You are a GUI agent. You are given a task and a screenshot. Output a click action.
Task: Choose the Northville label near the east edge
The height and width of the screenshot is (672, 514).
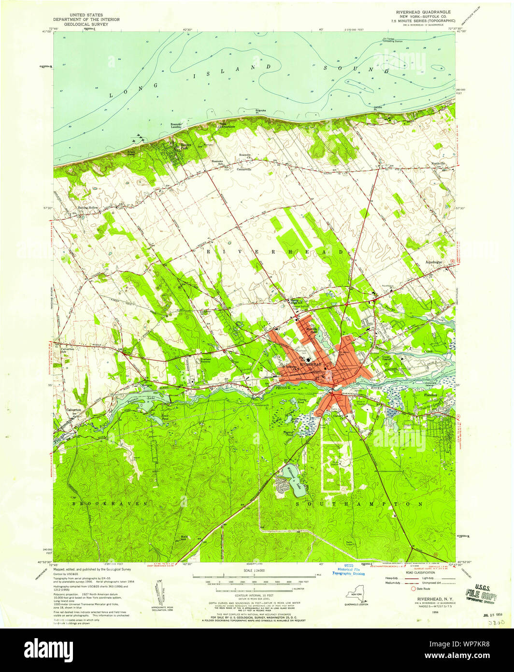click(441, 164)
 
